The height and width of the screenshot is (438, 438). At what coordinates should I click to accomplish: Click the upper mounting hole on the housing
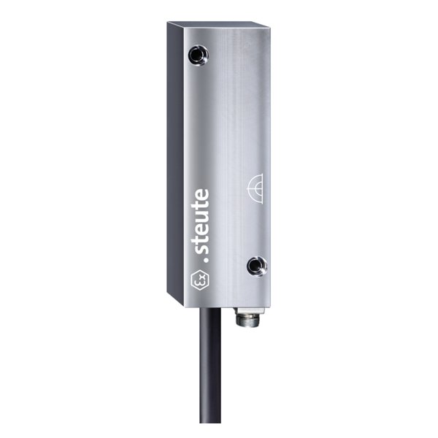tap(199, 54)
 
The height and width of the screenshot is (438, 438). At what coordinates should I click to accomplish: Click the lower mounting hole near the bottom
tap(257, 266)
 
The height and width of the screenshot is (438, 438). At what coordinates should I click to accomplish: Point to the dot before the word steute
tap(207, 260)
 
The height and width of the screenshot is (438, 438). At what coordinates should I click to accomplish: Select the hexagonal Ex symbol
tap(200, 280)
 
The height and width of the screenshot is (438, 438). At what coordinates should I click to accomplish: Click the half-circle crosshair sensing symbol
tap(255, 188)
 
